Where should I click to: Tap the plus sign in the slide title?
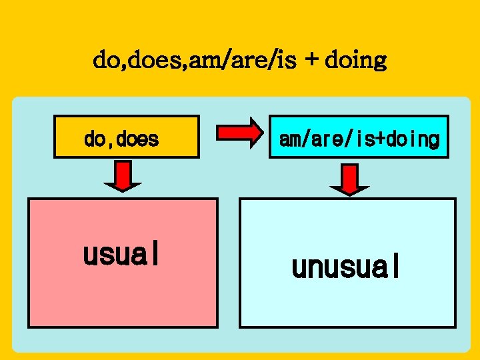click(311, 61)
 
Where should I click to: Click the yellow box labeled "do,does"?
click(127, 137)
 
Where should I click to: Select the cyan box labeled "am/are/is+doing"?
click(359, 137)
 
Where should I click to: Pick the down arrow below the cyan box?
click(350, 179)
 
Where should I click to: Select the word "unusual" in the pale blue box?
click(346, 267)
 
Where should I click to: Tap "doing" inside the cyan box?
click(417, 140)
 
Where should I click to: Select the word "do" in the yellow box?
click(95, 139)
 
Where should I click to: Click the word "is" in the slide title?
click(291, 61)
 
